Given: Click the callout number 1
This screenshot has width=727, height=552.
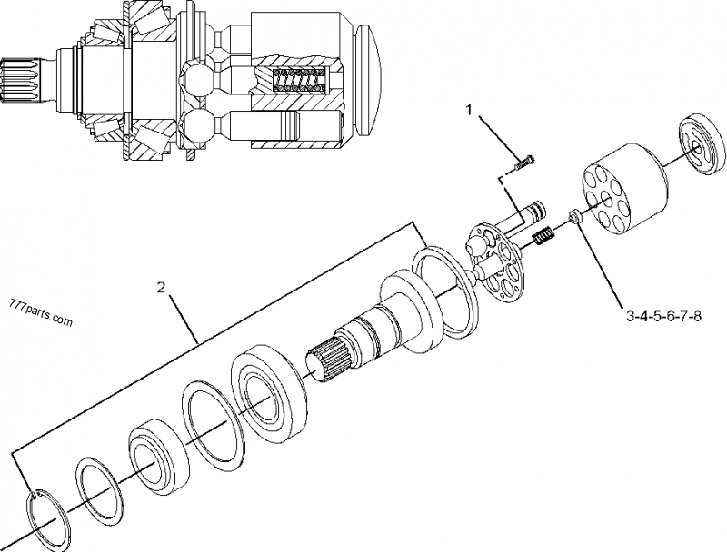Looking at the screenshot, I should [469, 111].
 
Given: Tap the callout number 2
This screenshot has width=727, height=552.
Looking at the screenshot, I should [162, 288].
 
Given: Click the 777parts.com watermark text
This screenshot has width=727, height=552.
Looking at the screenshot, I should [39, 318].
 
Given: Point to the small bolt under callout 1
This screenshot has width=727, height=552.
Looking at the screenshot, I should [523, 163].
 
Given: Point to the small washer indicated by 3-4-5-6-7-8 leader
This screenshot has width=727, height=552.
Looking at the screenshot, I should [575, 216].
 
